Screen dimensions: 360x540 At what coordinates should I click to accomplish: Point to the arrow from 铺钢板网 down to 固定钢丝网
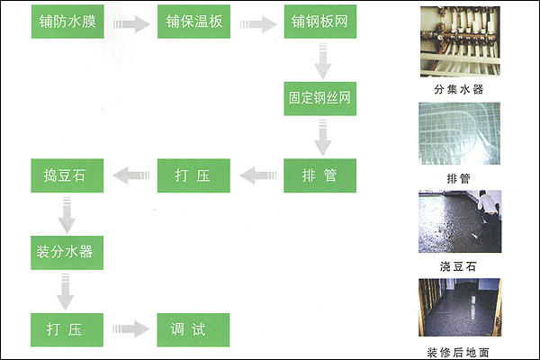point(321,61)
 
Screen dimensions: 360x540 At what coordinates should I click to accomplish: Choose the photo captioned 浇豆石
point(460,220)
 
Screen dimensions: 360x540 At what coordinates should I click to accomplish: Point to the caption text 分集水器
point(460,91)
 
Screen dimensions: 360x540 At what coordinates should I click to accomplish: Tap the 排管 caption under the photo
point(460,177)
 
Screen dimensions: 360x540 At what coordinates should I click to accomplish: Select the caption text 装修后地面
point(460,350)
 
